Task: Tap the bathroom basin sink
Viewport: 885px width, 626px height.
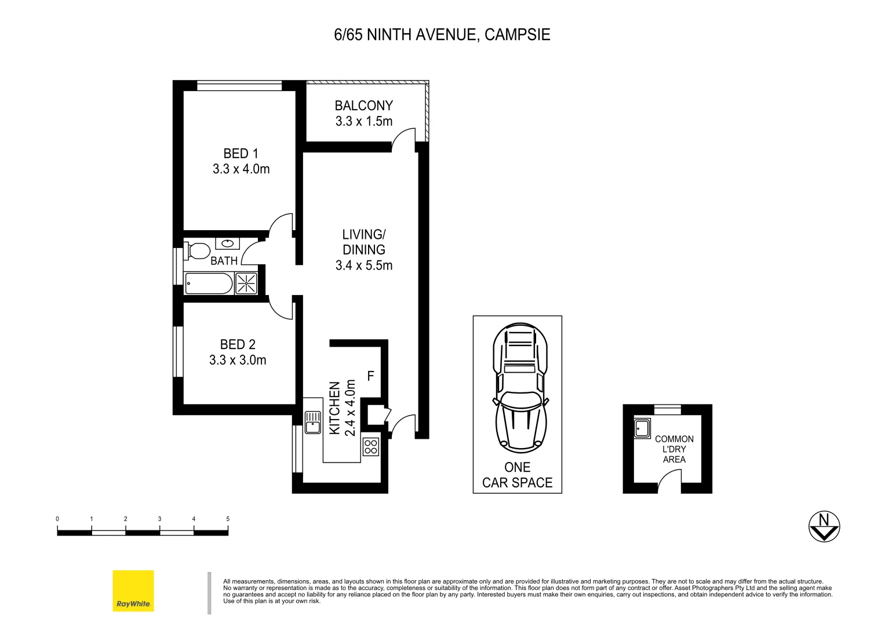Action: [227, 243]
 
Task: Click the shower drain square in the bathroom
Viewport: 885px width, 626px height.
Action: [246, 283]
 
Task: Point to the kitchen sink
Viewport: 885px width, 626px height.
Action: [313, 422]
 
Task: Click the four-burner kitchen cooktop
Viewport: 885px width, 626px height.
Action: [371, 447]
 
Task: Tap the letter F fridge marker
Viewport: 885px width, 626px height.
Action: [371, 376]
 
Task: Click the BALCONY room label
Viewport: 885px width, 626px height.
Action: [364, 105]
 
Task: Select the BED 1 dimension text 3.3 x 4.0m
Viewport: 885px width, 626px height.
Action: [241, 169]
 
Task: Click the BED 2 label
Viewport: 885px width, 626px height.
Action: [238, 344]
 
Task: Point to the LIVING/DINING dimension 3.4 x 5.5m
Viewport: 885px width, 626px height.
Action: [364, 265]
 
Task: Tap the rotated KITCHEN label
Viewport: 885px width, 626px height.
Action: [334, 408]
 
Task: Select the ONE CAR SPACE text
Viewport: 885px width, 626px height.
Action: [518, 475]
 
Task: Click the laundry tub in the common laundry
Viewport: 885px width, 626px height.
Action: [643, 428]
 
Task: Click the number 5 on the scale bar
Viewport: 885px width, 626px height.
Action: [228, 519]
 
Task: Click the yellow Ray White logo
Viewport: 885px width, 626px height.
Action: [133, 591]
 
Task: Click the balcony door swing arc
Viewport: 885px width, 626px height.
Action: [403, 139]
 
